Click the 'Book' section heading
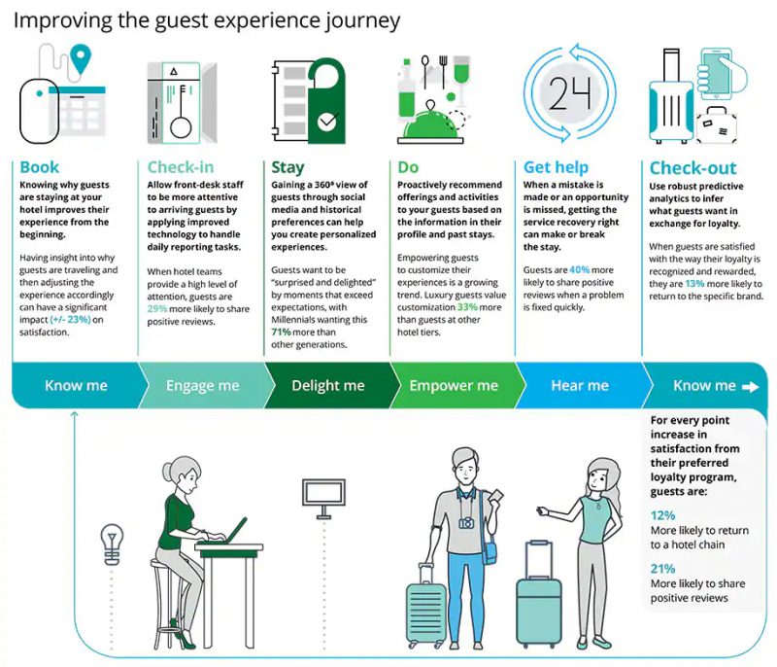pyautogui.click(x=40, y=167)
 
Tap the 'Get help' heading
pyautogui.click(x=556, y=167)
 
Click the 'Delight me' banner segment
pyautogui.click(x=327, y=386)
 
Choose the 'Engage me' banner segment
pyautogui.click(x=202, y=386)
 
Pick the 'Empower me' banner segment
pyautogui.click(x=453, y=386)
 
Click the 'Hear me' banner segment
pyautogui.click(x=579, y=386)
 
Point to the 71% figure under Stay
pyautogui.click(x=282, y=332)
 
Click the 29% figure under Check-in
pyautogui.click(x=158, y=306)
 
